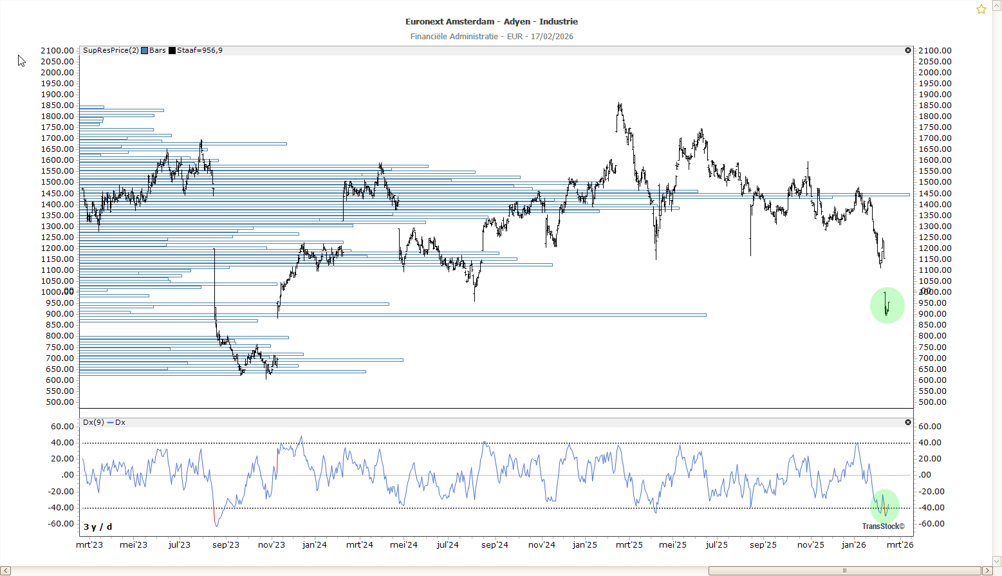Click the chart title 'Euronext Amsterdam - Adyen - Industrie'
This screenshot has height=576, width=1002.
coord(492,22)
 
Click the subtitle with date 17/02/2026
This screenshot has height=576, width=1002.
coord(492,37)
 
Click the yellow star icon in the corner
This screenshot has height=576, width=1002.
coord(981,9)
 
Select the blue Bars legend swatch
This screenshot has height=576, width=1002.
coord(145,51)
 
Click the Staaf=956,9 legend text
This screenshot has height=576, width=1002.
coord(199,51)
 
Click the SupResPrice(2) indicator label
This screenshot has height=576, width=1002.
coord(111,51)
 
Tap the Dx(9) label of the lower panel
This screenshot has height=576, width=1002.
coord(93,423)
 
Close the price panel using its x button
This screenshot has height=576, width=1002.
coord(908,50)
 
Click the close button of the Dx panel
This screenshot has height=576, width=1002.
coord(908,422)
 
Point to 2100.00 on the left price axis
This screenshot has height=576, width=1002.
coord(57,51)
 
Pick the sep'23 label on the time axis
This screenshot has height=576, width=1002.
coord(226,545)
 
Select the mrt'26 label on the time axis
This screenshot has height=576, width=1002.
coord(900,545)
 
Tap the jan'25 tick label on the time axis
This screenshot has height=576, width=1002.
coord(585,545)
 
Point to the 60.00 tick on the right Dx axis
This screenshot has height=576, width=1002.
coord(930,427)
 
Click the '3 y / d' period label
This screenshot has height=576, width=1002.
coord(98,527)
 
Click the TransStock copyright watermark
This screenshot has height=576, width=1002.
coord(883,526)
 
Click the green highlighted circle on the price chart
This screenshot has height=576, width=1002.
coord(887,305)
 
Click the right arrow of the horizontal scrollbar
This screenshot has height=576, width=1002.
coord(987,571)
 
